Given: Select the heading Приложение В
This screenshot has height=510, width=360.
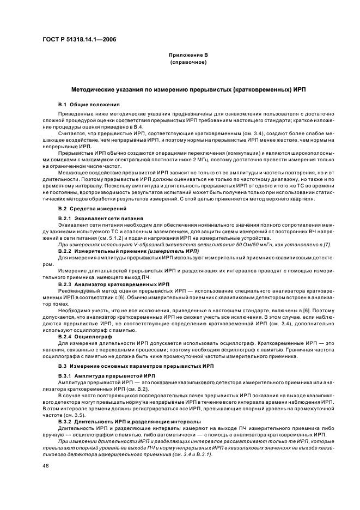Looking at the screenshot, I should [x=188, y=55].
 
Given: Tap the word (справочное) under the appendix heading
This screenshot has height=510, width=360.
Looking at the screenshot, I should [x=188, y=62].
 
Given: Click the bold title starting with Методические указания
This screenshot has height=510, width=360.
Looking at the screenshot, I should [x=188, y=88].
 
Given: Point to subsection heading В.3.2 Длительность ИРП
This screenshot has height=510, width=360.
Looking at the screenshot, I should [x=129, y=422].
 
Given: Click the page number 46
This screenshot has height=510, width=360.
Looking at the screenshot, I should [x=45, y=466].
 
